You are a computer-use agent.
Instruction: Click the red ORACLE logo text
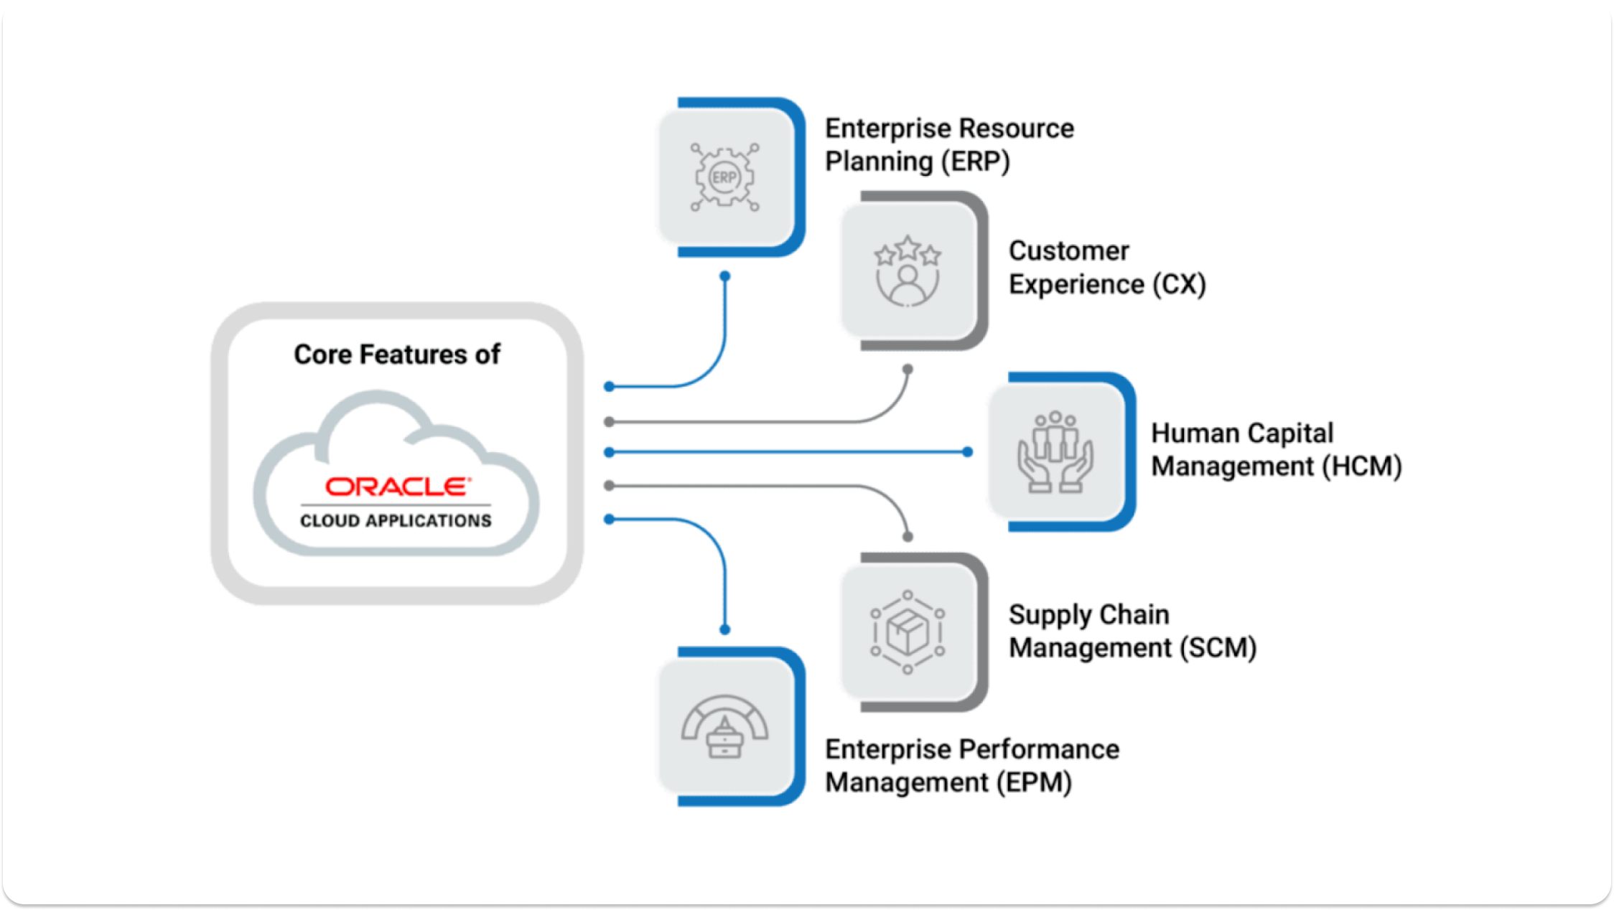[397, 487]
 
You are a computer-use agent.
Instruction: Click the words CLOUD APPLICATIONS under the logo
[396, 520]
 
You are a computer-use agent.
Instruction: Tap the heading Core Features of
[396, 355]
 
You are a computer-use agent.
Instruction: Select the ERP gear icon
[724, 177]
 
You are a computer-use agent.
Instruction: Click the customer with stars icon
[908, 272]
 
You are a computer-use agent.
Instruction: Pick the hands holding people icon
[1055, 452]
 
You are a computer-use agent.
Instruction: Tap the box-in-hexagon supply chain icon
[908, 632]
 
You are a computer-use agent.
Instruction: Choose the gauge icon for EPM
[724, 726]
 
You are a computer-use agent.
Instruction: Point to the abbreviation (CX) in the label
[1179, 284]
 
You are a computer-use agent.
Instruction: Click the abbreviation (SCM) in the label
[1218, 648]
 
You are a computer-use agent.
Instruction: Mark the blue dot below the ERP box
[725, 276]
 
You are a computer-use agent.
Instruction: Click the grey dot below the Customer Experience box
[908, 370]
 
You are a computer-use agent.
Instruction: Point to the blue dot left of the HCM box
[967, 452]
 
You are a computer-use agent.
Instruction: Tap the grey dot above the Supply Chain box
[908, 537]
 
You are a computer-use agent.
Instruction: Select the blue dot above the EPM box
[725, 629]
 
